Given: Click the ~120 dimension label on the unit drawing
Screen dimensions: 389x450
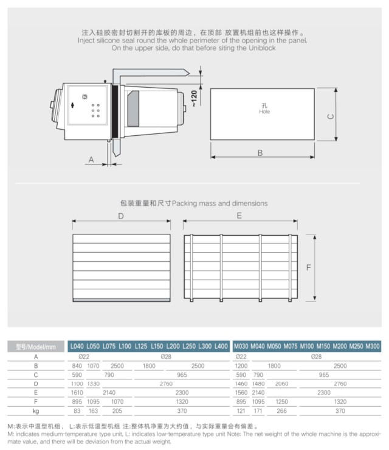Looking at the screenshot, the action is pyautogui.click(x=194, y=97).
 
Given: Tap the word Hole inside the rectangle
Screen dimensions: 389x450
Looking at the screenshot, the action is pyautogui.click(x=264, y=112).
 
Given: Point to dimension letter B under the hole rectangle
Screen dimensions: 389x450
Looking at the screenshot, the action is pyautogui.click(x=260, y=153).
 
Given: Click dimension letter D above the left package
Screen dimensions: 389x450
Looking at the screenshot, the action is pyautogui.click(x=120, y=216).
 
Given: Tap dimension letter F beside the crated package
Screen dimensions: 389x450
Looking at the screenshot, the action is pyautogui.click(x=309, y=267).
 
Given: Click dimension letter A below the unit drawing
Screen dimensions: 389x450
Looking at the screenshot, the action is pyautogui.click(x=92, y=159).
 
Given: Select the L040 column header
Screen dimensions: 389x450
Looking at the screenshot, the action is pyautogui.click(x=77, y=346).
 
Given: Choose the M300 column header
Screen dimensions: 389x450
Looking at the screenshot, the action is pyautogui.click(x=373, y=346).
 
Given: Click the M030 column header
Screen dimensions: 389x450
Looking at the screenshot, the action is pyautogui.click(x=241, y=346).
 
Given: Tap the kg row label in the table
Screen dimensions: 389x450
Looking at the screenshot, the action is pyautogui.click(x=36, y=412).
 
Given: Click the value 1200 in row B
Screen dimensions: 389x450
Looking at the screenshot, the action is pyautogui.click(x=241, y=366).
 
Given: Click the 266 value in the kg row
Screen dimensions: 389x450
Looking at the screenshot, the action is pyautogui.click(x=281, y=412).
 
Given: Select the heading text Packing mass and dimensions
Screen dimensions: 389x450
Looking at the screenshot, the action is pyautogui.click(x=219, y=203).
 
